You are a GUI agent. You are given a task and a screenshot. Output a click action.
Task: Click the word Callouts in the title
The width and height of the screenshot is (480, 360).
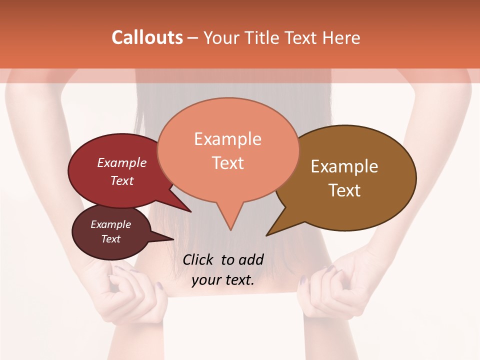pyautogui.click(x=147, y=37)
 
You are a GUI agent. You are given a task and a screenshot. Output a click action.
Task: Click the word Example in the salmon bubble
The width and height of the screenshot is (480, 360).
pyautogui.click(x=227, y=139)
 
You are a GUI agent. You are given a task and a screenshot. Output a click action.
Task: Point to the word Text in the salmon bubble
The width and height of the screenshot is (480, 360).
pyautogui.click(x=228, y=163)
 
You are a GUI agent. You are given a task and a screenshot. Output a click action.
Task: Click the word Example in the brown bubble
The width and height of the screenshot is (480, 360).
pyautogui.click(x=344, y=166)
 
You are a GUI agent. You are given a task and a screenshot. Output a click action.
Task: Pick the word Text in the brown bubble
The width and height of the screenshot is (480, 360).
pyautogui.click(x=344, y=190)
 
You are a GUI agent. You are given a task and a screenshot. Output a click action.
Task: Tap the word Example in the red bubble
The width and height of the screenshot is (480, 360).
pyautogui.click(x=122, y=162)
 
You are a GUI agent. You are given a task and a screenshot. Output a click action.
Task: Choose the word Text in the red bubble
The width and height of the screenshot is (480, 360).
pyautogui.click(x=122, y=180)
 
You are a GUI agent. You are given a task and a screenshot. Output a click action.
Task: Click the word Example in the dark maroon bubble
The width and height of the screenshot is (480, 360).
pyautogui.click(x=111, y=224)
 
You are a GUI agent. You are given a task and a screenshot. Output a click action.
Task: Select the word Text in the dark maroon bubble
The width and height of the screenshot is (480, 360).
pyautogui.click(x=111, y=239)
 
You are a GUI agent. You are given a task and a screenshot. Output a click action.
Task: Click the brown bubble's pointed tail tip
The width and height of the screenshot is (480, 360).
pyautogui.click(x=267, y=235)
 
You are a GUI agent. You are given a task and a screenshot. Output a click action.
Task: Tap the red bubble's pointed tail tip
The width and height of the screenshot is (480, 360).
pyautogui.click(x=190, y=211)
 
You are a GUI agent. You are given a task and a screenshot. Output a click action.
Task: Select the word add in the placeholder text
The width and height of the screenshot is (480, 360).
pyautogui.click(x=251, y=259)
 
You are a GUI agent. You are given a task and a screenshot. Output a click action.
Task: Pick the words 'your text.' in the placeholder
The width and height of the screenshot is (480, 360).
pyautogui.click(x=223, y=280)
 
